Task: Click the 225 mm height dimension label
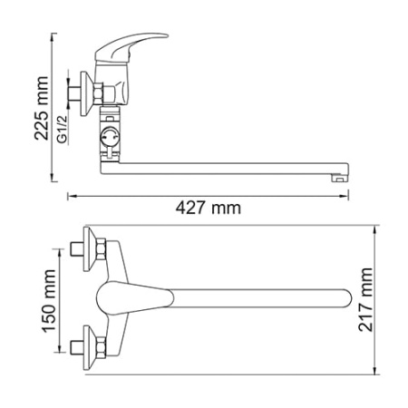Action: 42,108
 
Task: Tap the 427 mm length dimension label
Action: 209,209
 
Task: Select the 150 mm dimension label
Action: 49,301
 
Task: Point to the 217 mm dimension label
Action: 365,299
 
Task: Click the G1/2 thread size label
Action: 62,129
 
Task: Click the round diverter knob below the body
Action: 110,137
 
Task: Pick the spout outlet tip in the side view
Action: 339,179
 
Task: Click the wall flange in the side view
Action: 86,93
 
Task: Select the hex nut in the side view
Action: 98,94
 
